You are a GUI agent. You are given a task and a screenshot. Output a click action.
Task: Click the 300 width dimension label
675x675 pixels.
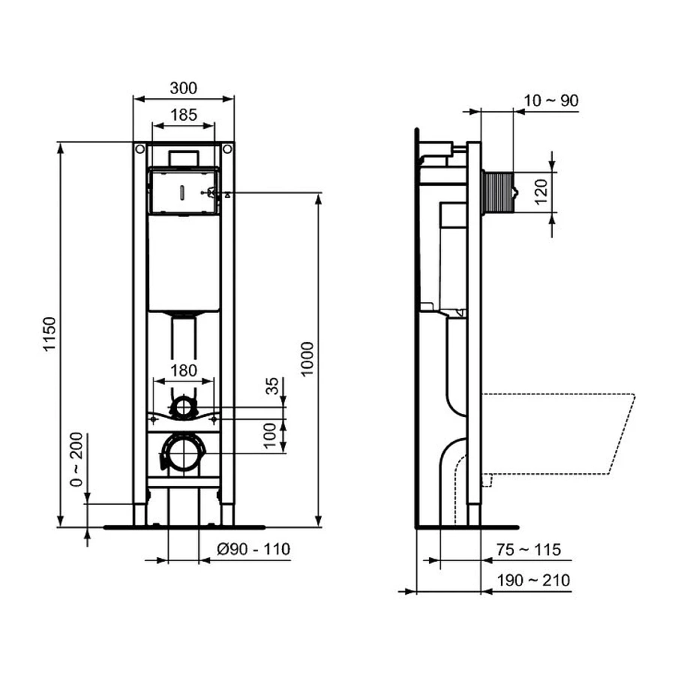(183, 88)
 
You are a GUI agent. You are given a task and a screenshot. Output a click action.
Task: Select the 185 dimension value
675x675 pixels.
(183, 115)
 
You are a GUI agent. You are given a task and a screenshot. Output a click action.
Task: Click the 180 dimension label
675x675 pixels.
(183, 370)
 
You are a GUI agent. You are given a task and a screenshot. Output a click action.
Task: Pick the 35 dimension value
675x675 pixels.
(273, 385)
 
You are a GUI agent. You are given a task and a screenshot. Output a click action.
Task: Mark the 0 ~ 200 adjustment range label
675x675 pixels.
(77, 460)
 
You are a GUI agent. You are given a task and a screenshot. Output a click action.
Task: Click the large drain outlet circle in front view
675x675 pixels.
(183, 453)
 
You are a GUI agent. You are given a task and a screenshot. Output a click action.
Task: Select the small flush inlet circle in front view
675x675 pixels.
(183, 409)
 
